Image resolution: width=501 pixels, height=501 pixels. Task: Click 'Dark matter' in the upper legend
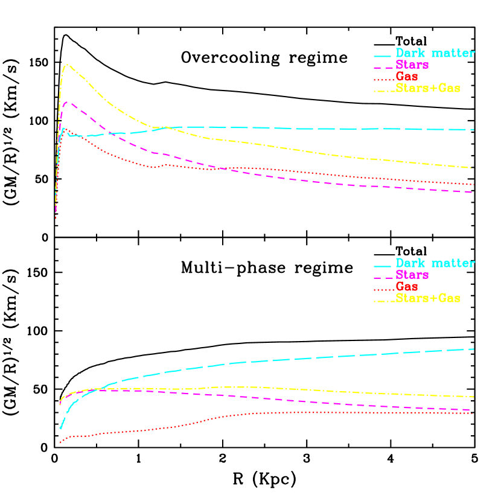tap(435, 53)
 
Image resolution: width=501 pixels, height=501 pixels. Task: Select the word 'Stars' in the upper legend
tap(412, 65)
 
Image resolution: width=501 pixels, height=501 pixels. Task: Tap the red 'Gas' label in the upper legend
tap(407, 76)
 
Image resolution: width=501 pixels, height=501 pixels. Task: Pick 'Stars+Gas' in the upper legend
tap(428, 88)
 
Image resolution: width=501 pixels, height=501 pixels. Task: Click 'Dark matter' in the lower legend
tap(435, 263)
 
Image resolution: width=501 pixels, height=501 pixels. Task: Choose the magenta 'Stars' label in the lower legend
tap(412, 275)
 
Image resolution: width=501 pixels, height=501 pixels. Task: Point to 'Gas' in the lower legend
tap(407, 286)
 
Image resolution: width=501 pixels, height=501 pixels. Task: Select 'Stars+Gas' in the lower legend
tap(428, 298)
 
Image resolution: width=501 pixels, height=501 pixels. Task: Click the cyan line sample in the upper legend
tap(383, 55)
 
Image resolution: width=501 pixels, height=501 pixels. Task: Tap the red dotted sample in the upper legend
tap(384, 78)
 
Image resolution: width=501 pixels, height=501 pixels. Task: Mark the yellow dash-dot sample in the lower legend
tap(384, 301)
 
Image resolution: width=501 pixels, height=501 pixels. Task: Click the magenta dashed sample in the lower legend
tap(384, 277)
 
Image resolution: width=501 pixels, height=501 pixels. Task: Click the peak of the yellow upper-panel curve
tap(68, 65)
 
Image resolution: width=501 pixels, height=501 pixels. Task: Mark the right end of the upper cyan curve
tap(474, 129)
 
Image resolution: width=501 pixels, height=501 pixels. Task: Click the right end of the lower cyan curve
tap(474, 349)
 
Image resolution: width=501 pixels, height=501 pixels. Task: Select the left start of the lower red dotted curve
tap(60, 442)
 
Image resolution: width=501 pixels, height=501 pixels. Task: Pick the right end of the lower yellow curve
tap(474, 397)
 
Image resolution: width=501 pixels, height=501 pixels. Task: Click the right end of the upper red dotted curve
tap(474, 184)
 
